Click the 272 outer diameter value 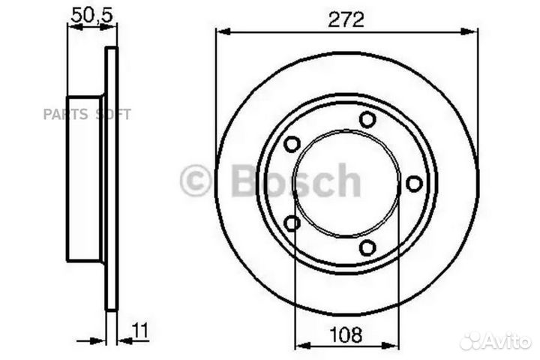tap(346, 20)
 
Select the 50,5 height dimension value tap(87, 14)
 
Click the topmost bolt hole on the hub tap(367, 119)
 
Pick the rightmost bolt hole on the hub tap(413, 182)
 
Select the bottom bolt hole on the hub tap(367, 247)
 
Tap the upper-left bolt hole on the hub tap(292, 143)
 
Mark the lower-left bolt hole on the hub tap(292, 222)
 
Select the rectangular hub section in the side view tap(84, 178)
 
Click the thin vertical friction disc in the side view tap(111, 178)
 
